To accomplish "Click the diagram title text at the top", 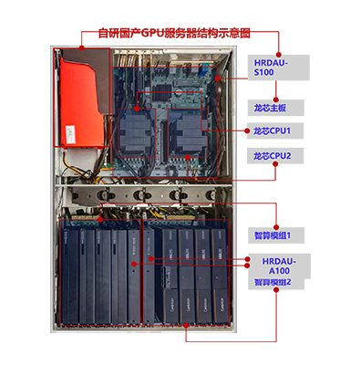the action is [180, 34].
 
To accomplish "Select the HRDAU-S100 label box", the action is [279, 66].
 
